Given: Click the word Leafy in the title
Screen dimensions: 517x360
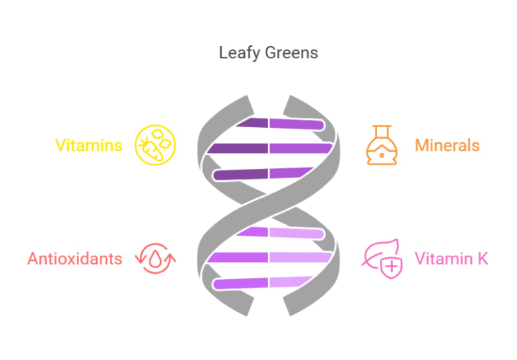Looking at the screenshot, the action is tap(236, 53).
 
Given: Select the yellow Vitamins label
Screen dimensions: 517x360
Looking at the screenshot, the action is tap(89, 145).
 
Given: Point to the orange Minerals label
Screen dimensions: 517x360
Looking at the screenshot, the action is tap(447, 145).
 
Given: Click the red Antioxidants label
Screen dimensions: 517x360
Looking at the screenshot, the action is tap(75, 258).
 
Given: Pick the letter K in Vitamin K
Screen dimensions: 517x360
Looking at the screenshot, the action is tap(483, 258).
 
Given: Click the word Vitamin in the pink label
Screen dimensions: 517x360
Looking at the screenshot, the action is tap(441, 258).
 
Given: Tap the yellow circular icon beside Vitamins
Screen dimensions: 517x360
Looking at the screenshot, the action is tap(157, 145).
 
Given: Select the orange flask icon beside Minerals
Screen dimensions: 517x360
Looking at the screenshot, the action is tap(381, 145).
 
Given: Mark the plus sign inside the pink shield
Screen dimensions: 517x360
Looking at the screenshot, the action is tap(391, 267).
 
